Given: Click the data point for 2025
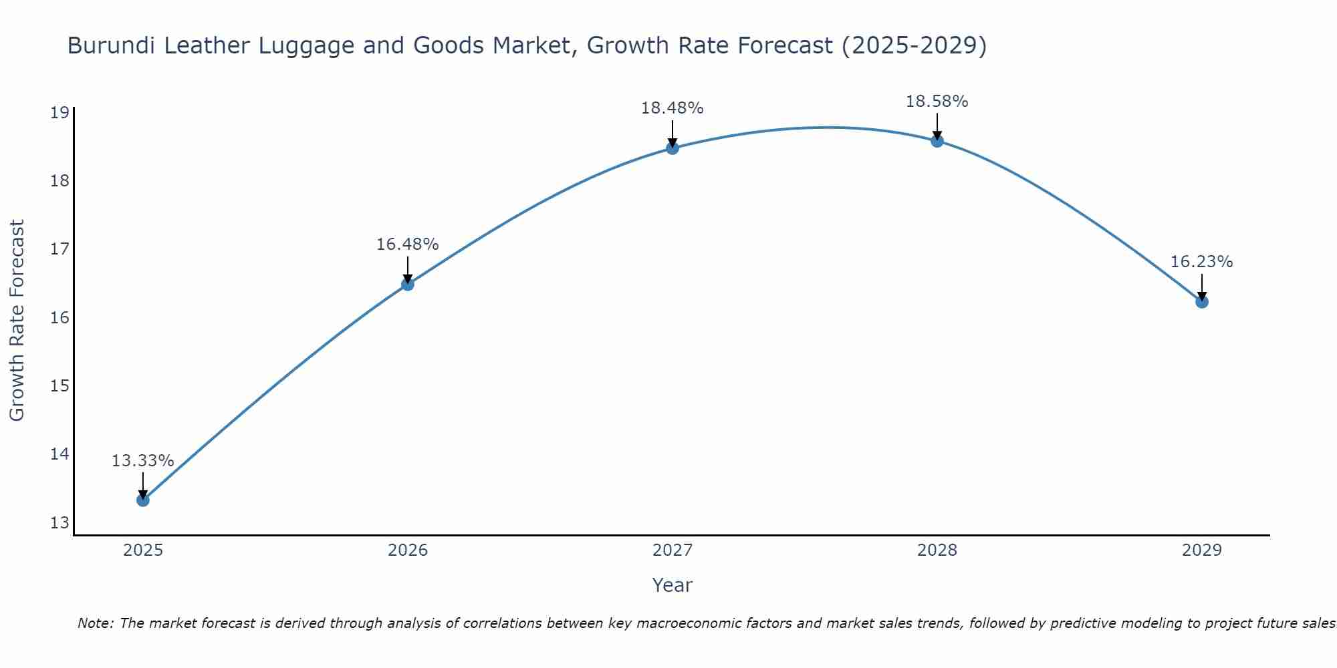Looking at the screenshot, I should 143,500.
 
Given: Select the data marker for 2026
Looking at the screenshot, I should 408,285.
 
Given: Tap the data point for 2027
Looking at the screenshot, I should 673,148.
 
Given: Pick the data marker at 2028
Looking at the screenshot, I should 937,141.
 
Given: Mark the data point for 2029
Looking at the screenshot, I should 1202,302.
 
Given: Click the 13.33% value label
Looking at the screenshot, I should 142,461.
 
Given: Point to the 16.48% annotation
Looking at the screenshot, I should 407,244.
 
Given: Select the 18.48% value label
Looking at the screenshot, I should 672,108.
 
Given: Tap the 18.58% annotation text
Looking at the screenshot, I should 937,102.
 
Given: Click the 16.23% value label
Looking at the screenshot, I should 1201,262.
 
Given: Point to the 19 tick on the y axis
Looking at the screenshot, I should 60,112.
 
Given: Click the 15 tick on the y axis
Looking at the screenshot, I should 60,385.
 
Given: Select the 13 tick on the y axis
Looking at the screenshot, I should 60,522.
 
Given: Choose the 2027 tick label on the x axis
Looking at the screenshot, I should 673,550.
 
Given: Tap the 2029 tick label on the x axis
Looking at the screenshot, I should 1202,550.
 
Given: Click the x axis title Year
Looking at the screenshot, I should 672,585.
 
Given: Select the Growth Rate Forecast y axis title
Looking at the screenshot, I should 17,321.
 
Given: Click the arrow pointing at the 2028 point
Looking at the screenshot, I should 937,127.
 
